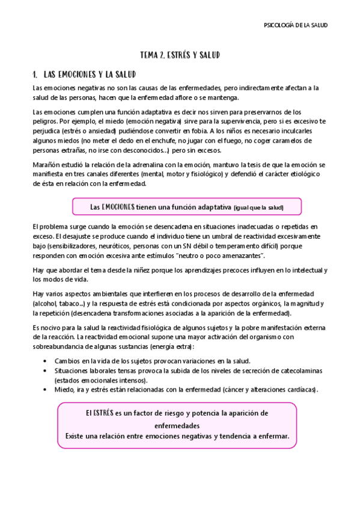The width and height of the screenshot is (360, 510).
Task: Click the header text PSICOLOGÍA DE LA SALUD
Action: [296, 25]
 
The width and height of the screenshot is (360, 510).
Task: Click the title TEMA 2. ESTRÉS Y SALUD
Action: [180, 55]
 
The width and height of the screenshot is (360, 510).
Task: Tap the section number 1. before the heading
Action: [35, 75]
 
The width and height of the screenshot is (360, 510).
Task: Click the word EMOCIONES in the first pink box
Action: [118, 207]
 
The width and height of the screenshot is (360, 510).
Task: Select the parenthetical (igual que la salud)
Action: [258, 207]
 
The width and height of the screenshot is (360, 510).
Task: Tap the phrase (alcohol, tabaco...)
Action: [57, 303]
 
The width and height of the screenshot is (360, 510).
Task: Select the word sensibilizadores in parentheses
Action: [70, 245]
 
